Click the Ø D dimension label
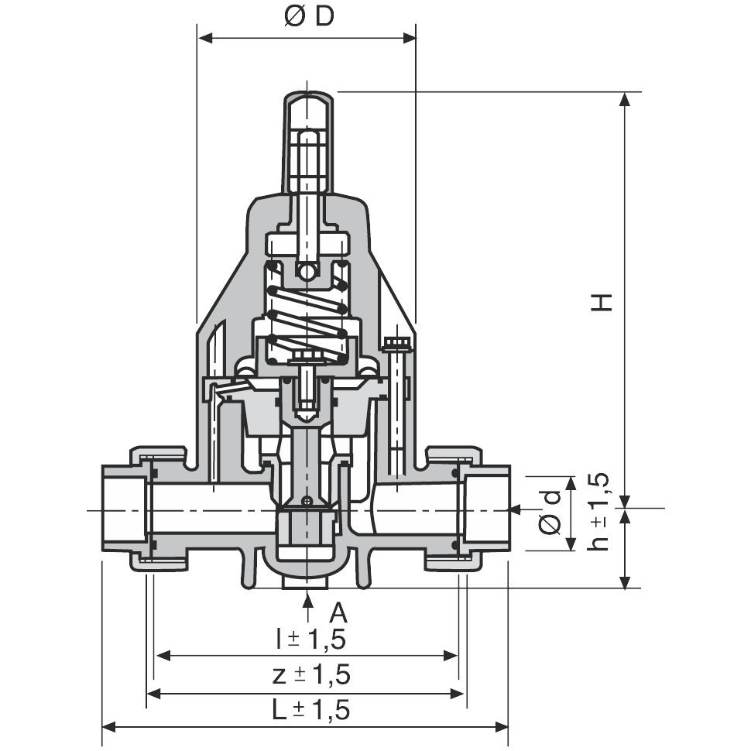click(x=308, y=17)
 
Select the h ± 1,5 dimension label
click(x=598, y=512)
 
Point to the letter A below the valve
click(x=338, y=612)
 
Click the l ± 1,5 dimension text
click(x=311, y=639)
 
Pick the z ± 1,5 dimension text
click(x=311, y=674)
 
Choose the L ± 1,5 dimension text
click(x=311, y=710)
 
